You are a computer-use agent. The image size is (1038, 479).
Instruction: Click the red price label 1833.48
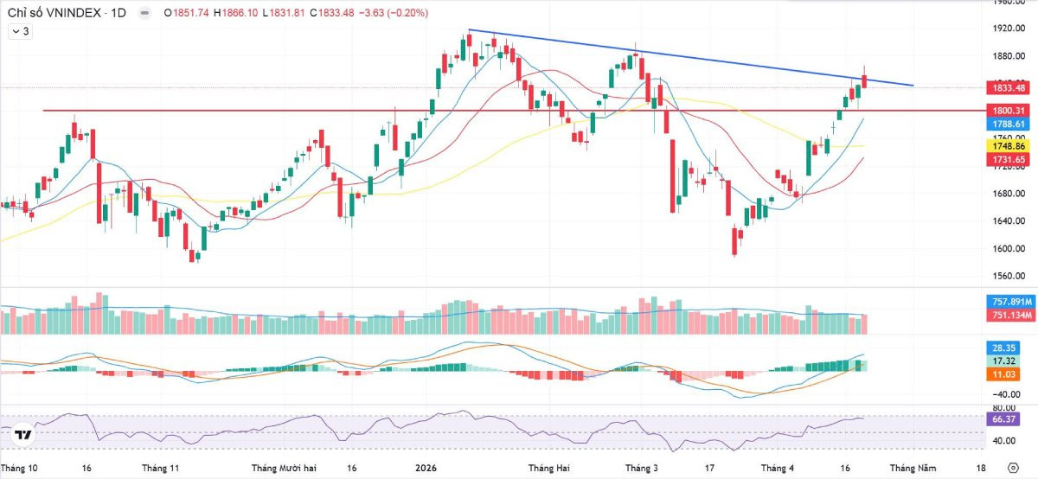1008,88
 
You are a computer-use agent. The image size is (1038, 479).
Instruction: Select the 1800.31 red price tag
1008,111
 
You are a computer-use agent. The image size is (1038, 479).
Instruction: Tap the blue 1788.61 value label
1008,124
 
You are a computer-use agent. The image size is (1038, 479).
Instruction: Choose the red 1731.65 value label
1008,160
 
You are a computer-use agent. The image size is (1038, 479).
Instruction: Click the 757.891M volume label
1009,302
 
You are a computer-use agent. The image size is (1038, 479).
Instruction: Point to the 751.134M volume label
1009,315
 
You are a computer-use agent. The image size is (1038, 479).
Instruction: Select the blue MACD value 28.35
1003,346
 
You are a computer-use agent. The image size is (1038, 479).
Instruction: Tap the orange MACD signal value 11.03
1003,373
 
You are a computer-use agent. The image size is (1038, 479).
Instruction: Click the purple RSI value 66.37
1003,419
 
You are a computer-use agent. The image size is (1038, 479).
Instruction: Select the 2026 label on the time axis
425,468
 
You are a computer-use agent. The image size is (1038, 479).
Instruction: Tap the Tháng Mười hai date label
284,468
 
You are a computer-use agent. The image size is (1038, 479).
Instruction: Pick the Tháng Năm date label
914,468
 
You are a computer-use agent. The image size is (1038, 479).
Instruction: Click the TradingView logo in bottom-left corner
23,435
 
